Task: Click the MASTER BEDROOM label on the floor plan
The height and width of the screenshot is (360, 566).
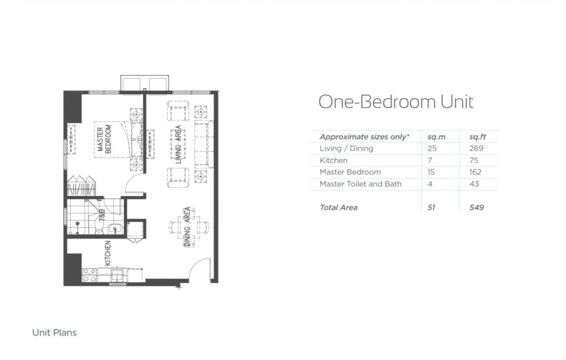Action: coord(104,139)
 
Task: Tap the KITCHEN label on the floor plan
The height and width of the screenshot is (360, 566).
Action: coord(108,253)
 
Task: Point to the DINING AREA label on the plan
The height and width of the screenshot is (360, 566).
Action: coord(187,226)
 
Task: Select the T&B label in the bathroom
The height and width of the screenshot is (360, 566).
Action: coord(102,215)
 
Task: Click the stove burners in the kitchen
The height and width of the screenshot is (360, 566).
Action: coord(89,275)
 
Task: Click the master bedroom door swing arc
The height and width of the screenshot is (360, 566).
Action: coord(132,180)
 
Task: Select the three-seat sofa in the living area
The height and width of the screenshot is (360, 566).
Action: coord(204,144)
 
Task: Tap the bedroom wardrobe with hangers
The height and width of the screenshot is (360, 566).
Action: coord(81,187)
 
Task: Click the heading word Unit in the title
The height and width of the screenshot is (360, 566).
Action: coord(456,101)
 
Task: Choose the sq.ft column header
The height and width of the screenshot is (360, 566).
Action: coord(477,137)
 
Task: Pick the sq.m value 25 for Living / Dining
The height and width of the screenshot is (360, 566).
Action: coord(432,148)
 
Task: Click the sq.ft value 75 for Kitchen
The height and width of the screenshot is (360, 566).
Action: coord(474,160)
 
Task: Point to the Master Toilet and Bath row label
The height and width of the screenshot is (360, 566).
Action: coord(360,184)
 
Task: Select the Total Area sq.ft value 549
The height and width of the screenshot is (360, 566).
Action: coord(477,207)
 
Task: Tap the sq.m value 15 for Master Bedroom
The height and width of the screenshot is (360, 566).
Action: coord(431,172)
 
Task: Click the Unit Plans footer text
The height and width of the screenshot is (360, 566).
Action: coord(54,333)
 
